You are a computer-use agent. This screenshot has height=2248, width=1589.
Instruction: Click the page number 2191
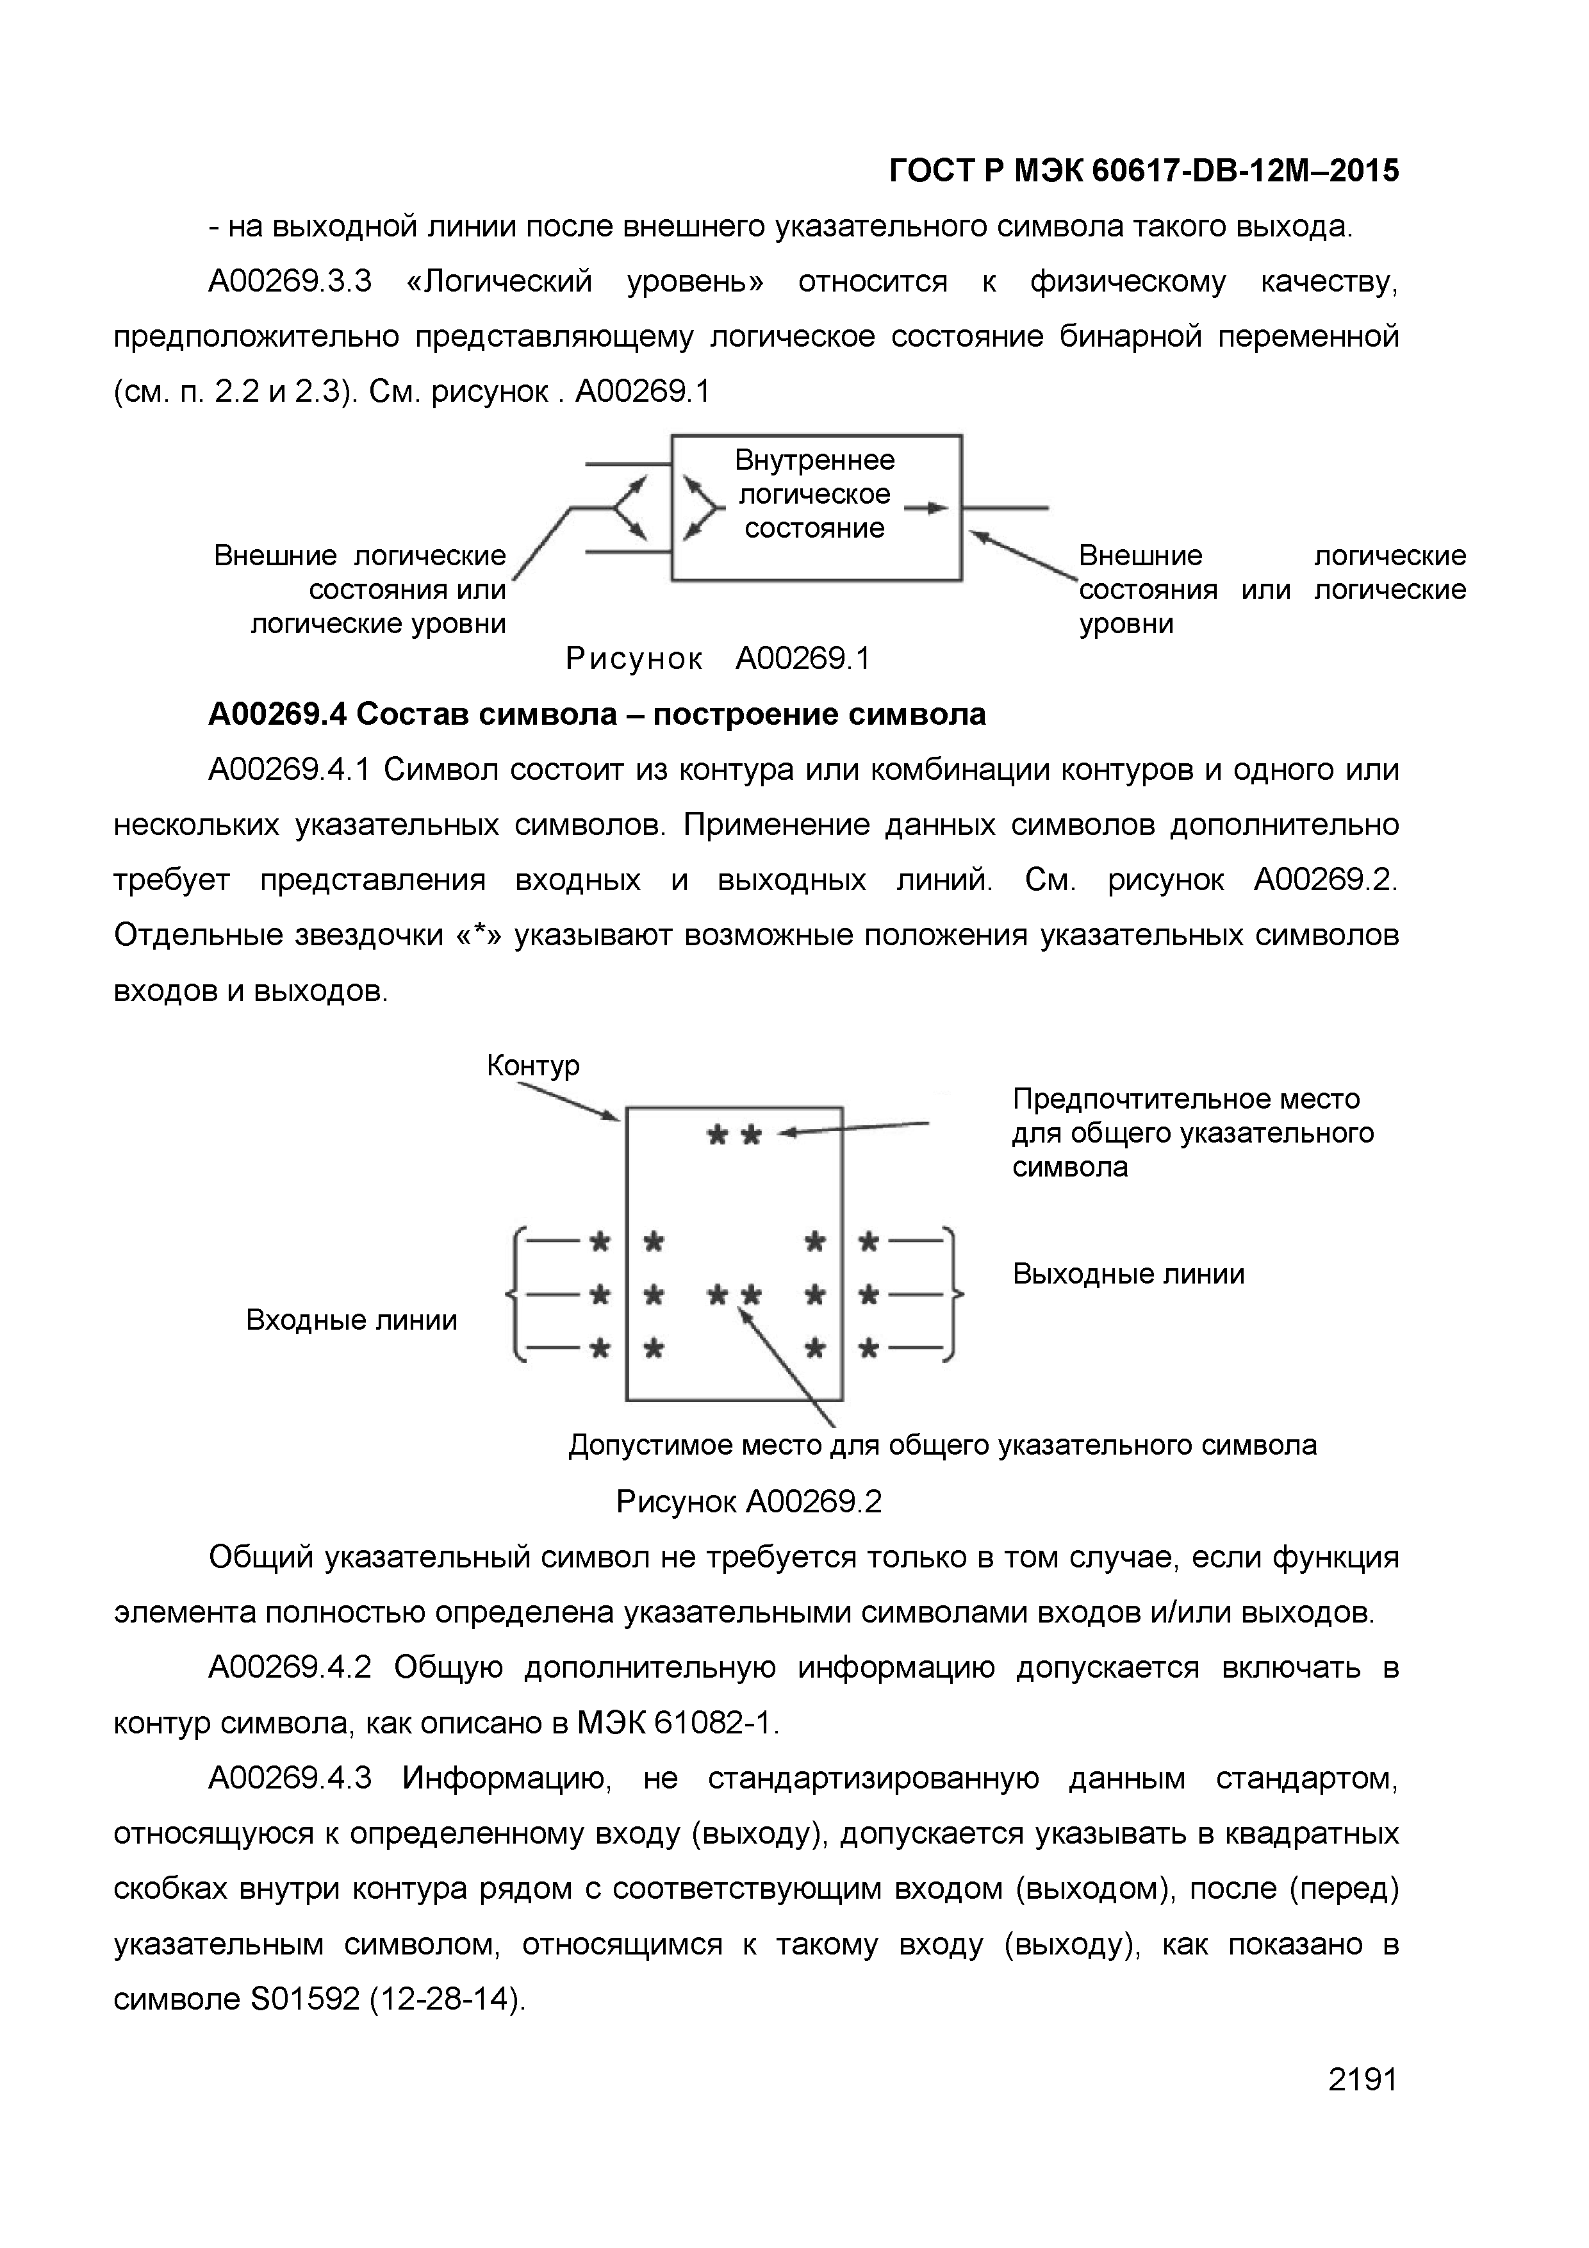(x=1362, y=2105)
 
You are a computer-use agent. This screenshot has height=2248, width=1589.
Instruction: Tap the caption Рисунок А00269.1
(x=718, y=659)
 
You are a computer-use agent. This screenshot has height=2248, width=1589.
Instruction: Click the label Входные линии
(x=352, y=1321)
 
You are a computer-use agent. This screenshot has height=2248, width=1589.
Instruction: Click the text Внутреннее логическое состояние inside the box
(x=814, y=495)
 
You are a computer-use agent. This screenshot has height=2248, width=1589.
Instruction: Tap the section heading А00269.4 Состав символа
(x=597, y=715)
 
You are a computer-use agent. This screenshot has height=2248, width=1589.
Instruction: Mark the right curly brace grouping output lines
(x=955, y=1294)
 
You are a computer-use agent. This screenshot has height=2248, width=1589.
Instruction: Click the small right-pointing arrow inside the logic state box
(x=925, y=508)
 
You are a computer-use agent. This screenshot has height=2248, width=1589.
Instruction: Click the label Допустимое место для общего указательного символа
(x=942, y=1445)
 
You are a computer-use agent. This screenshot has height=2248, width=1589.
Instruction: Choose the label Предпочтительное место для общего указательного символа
(x=1192, y=1133)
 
